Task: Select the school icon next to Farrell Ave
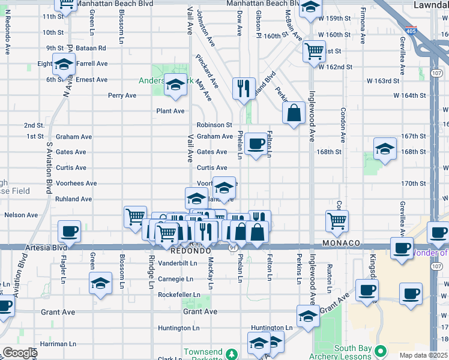(63, 64)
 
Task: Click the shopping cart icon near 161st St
(313, 52)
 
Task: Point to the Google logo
(20, 353)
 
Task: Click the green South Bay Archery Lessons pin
(379, 350)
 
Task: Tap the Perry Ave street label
(122, 95)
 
